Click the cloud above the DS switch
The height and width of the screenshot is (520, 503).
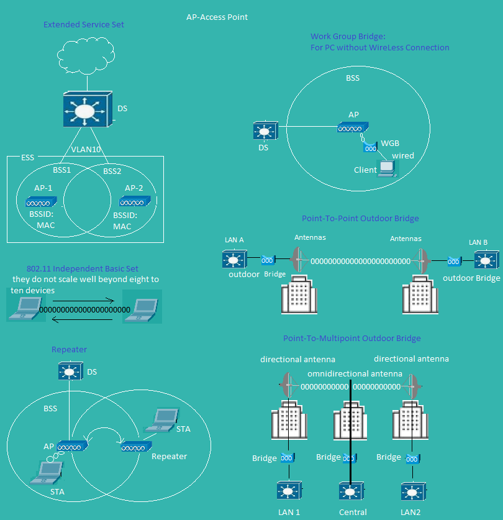pos(86,56)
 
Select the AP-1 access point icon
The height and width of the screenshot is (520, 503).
pos(41,202)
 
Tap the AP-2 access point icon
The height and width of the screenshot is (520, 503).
pos(135,201)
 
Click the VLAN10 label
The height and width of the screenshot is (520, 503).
pos(86,150)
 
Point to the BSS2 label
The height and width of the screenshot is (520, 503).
pos(112,171)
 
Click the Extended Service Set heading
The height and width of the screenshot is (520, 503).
pos(84,25)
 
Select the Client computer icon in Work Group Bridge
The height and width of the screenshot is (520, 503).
pos(387,168)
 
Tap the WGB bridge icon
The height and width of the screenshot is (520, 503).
pos(370,147)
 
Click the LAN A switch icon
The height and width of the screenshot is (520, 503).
pos(235,259)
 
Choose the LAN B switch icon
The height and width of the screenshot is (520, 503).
pos(486,260)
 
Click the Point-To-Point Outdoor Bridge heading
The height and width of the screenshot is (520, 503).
pos(360,218)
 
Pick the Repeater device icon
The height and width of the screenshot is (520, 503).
pos(136,447)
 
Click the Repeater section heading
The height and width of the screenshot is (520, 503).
pos(69,350)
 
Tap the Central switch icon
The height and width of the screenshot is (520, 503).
pos(351,491)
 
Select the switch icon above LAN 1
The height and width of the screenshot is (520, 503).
pos(289,491)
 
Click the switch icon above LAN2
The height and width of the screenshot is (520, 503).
pos(414,491)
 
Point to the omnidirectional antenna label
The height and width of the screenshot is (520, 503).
pos(355,374)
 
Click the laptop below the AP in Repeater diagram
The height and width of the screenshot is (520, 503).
pos(47,473)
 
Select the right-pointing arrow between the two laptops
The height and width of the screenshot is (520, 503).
pos(83,301)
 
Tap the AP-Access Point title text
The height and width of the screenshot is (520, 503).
pos(217,17)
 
